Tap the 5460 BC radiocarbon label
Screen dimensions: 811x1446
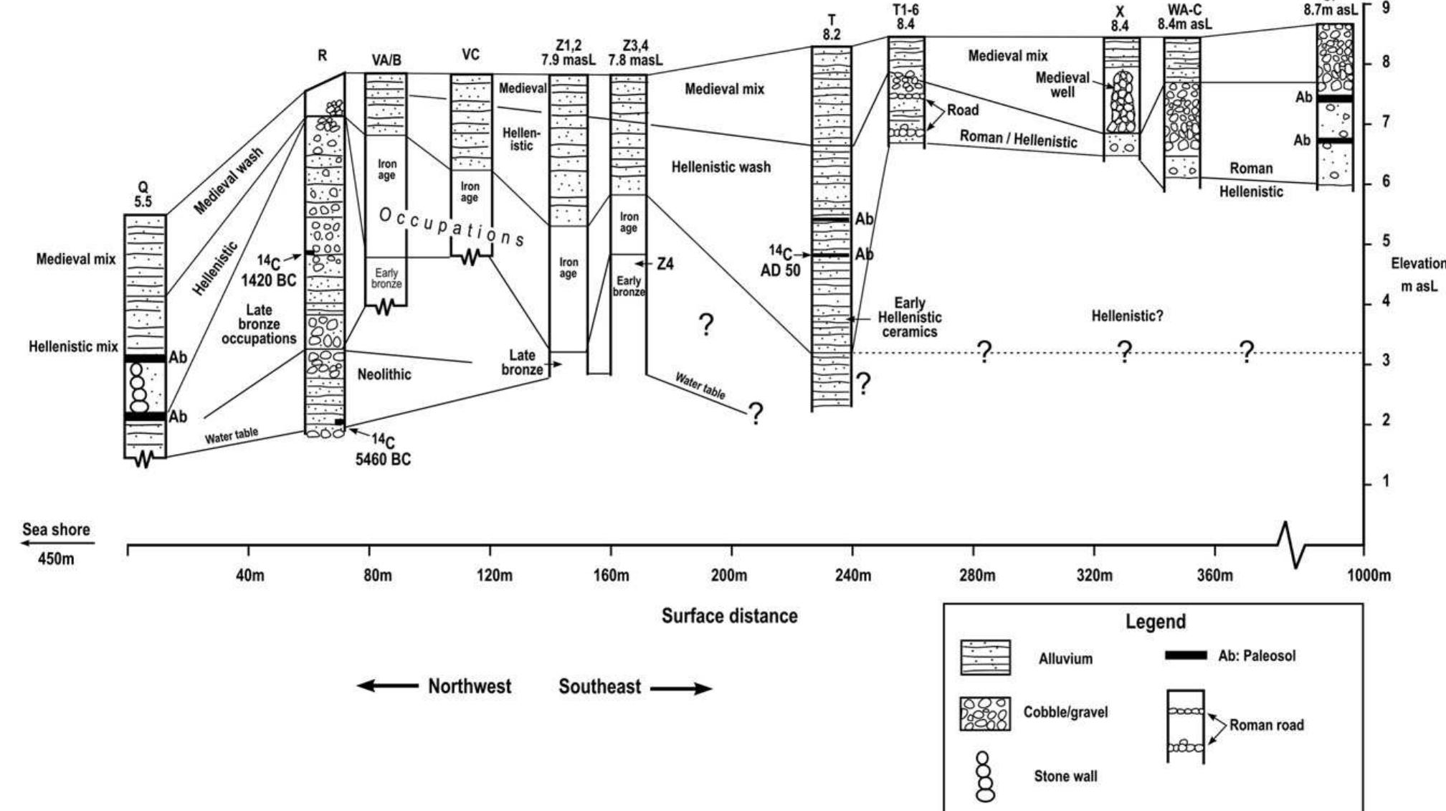tap(384, 451)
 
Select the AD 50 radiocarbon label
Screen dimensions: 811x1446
tap(785, 263)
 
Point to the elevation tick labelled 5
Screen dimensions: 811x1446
tap(1385, 242)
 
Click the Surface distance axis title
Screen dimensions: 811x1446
tap(729, 616)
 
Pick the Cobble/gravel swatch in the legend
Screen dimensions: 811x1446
tap(985, 713)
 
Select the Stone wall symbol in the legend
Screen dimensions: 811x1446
tap(986, 777)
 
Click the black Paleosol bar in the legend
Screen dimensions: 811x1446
tap(1186, 655)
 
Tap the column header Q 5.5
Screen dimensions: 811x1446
tap(143, 195)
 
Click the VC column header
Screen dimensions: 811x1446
tap(470, 55)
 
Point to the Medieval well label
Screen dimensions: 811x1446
tap(1062, 85)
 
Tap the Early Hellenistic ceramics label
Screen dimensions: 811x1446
tap(910, 317)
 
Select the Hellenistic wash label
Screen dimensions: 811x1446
tap(720, 167)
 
